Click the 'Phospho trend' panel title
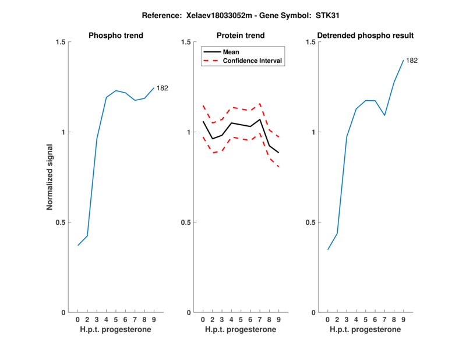116,36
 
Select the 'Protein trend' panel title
241,36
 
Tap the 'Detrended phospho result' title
365,36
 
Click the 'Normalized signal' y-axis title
50,177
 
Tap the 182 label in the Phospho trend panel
163,88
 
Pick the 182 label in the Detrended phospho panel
412,60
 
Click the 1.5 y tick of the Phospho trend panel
59,42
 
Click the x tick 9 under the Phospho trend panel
153,320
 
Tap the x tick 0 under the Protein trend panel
203,320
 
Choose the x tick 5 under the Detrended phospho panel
366,320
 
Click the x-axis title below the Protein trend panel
241,330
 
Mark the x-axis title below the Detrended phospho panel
365,330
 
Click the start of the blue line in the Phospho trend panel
78,245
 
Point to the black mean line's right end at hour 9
278,153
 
